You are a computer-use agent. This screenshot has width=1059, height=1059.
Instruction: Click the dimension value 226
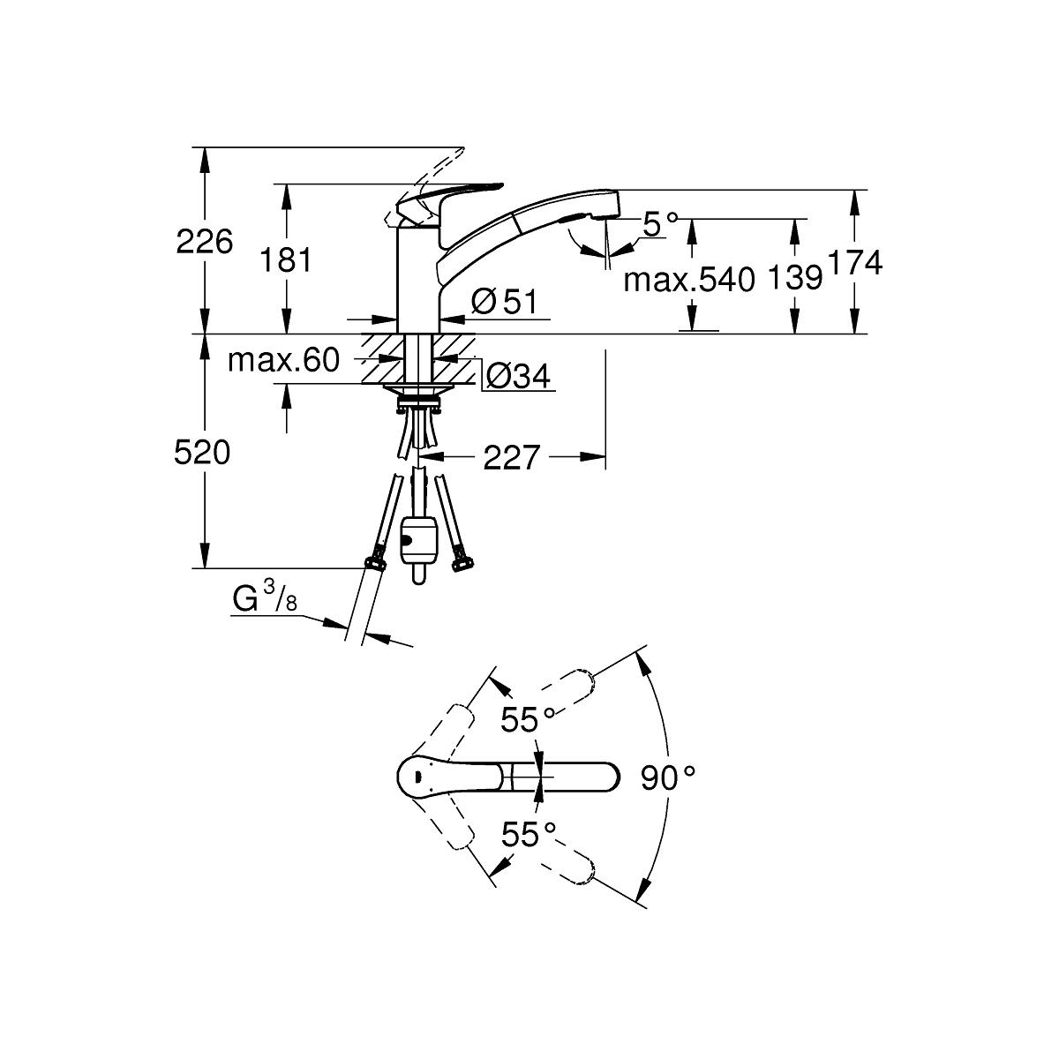pyautogui.click(x=205, y=240)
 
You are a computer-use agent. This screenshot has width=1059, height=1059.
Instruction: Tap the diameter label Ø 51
pyautogui.click(x=504, y=301)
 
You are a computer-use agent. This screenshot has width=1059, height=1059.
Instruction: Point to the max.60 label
pyautogui.click(x=283, y=360)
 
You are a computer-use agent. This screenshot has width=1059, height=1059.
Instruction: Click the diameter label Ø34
pyautogui.click(x=518, y=377)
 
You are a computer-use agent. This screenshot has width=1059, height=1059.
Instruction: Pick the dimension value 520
pyautogui.click(x=202, y=453)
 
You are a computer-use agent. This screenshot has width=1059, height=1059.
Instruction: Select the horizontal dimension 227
pyautogui.click(x=510, y=457)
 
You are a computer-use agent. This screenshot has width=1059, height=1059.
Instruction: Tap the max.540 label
pyautogui.click(x=690, y=281)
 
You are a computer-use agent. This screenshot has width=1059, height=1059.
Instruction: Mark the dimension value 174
pyautogui.click(x=853, y=262)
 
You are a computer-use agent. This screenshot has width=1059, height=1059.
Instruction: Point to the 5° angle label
pyautogui.click(x=662, y=224)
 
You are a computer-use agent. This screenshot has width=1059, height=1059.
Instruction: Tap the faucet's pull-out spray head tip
pyautogui.click(x=607, y=207)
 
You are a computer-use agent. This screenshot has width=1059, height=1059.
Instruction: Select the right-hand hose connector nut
pyautogui.click(x=459, y=560)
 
